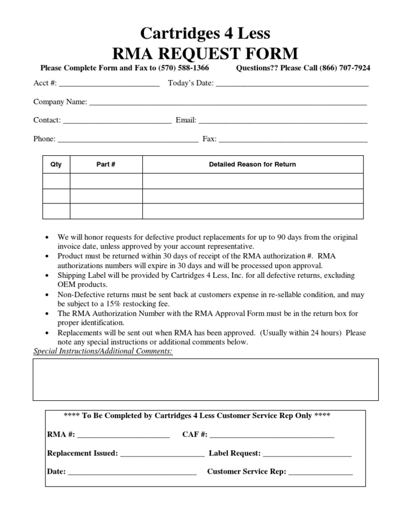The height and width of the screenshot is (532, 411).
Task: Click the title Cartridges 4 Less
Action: pos(205,34)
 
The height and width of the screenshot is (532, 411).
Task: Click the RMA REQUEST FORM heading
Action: pos(205,53)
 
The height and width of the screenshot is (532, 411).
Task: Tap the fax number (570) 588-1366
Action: pos(184,68)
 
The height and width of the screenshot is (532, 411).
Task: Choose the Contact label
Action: pos(47,120)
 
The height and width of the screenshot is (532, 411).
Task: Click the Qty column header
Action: pos(56,164)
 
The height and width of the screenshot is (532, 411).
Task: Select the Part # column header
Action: pos(106,164)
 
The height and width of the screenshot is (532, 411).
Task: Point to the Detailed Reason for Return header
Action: pos(252,164)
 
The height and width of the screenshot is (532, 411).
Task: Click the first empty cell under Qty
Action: pos(56,181)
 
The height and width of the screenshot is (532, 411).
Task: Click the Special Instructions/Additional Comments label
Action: pos(103,351)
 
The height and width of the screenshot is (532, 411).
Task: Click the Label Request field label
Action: pos(234,453)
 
